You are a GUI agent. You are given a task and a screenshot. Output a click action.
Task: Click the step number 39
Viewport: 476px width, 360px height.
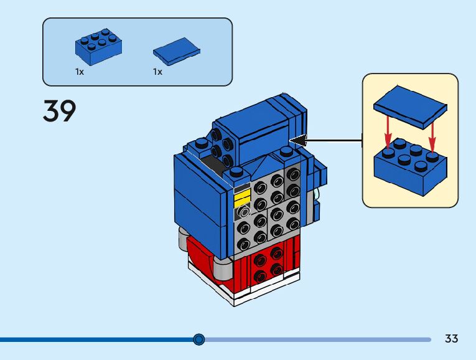(x=60, y=111)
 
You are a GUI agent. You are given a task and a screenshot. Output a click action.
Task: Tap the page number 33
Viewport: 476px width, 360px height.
(x=451, y=339)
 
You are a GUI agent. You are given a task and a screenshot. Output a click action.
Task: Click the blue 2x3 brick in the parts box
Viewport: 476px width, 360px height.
(x=98, y=47)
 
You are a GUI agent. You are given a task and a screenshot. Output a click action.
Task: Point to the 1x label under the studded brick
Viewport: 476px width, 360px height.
(x=80, y=72)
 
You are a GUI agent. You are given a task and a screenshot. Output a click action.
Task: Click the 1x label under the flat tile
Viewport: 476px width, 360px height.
(x=157, y=72)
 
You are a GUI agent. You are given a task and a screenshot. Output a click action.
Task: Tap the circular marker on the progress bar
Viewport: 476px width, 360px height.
(x=199, y=339)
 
